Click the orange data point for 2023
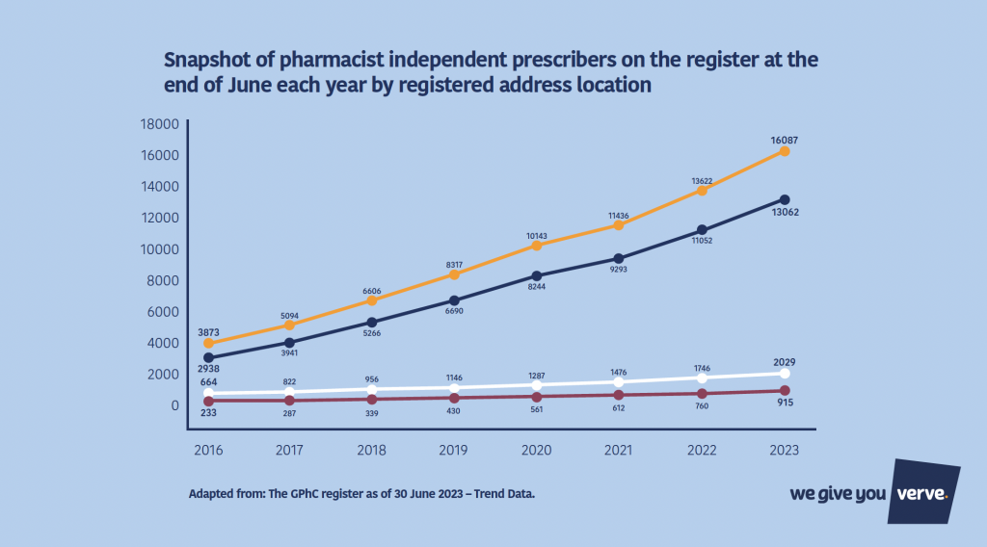point(785,151)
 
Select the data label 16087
point(785,140)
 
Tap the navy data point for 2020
point(536,276)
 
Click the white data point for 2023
point(785,374)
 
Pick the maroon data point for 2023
point(785,390)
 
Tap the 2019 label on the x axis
point(454,449)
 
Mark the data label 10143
point(536,234)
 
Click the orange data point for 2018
point(371,300)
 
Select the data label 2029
point(785,362)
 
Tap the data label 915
point(785,402)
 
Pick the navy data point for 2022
point(702,230)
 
